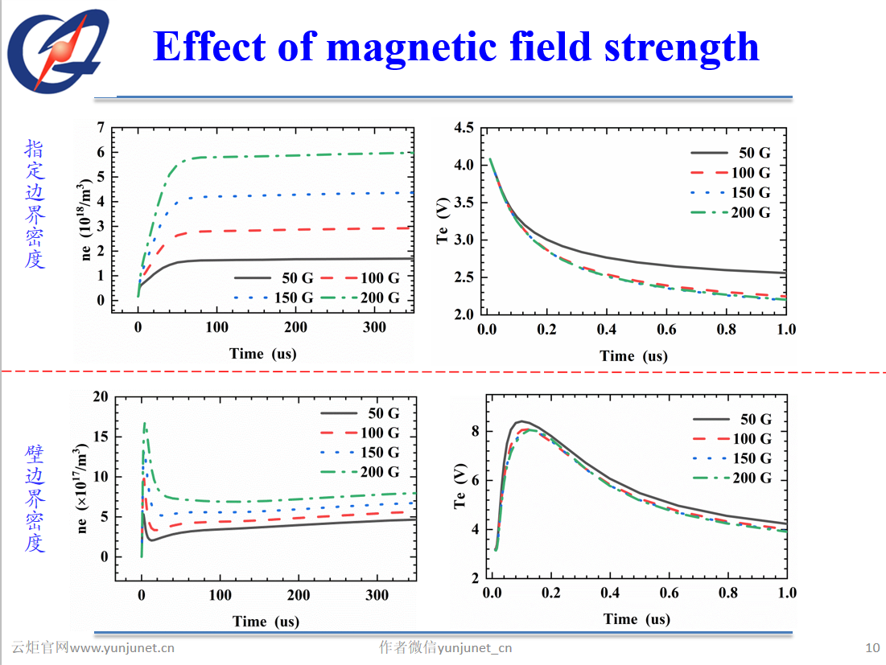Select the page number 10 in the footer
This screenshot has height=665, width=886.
pos(872,648)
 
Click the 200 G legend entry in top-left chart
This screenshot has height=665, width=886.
pos(381,298)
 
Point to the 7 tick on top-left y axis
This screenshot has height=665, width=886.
pos(101,127)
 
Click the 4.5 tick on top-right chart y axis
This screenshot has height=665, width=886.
pos(464,127)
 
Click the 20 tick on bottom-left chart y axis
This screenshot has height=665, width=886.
pos(100,396)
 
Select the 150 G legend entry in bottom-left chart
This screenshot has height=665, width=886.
pos(381,453)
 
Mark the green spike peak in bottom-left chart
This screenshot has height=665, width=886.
pos(144,423)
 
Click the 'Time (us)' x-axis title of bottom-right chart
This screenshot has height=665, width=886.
pos(636,619)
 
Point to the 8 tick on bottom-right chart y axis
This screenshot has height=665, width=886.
pos(475,431)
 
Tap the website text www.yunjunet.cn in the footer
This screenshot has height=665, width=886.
pos(122,648)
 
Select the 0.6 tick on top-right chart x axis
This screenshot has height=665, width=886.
pos(666,330)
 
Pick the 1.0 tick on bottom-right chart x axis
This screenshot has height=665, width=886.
pos(787,593)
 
